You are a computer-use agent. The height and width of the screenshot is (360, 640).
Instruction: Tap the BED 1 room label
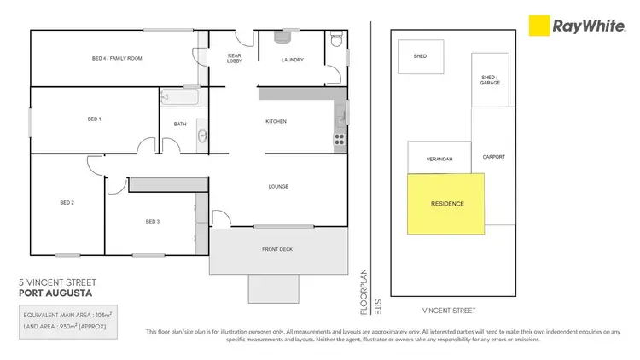tap(93, 119)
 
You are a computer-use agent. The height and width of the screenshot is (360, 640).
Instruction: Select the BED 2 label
tap(67, 202)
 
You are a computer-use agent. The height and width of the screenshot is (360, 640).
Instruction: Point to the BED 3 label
tap(152, 222)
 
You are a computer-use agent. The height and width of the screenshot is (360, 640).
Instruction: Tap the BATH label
tap(180, 124)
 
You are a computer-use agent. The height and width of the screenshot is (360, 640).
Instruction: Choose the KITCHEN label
tap(276, 122)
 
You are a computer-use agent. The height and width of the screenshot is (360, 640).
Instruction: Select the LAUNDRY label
tap(294, 60)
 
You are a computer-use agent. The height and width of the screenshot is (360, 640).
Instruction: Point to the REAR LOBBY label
tap(235, 58)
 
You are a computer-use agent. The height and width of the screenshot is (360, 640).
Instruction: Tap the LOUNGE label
tap(278, 187)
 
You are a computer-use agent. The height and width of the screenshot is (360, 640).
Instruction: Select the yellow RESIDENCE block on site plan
tap(446, 204)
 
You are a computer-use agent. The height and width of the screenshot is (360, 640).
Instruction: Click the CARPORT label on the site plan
tap(493, 157)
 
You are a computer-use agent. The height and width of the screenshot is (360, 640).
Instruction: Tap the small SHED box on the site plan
tap(420, 57)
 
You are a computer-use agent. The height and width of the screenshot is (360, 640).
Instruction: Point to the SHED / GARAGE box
tap(490, 80)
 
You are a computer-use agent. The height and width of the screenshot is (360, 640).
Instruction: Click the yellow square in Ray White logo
tap(538, 26)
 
